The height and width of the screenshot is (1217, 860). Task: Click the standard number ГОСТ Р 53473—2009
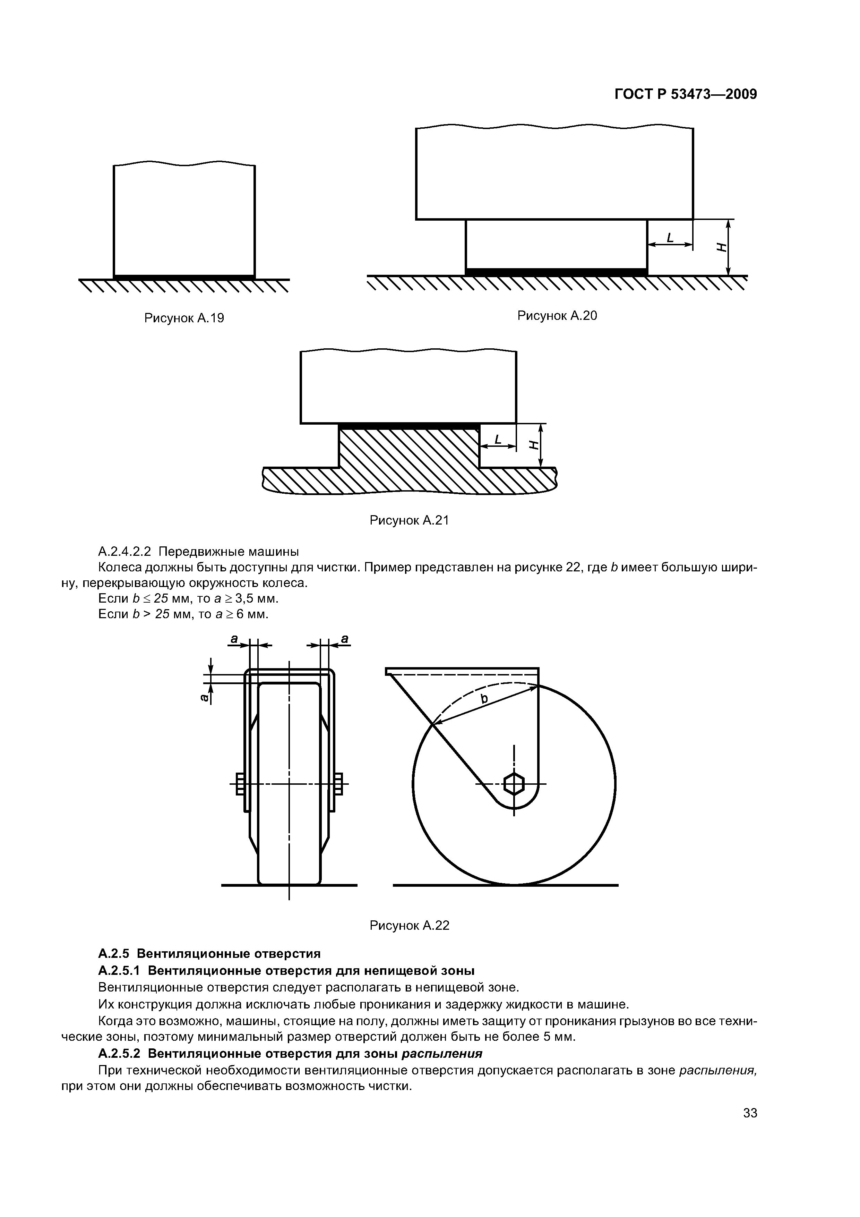(686, 94)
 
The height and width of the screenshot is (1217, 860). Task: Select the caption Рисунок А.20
(557, 316)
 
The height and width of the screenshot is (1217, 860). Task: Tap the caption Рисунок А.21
(409, 520)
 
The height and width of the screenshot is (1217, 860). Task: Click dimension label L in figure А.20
(670, 238)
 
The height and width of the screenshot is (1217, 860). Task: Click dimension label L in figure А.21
(498, 440)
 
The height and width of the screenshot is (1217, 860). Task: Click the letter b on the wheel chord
(483, 699)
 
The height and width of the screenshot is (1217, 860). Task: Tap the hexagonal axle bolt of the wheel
(514, 783)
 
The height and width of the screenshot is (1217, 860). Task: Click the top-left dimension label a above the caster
(234, 639)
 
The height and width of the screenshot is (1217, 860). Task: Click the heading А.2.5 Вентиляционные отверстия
(209, 954)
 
